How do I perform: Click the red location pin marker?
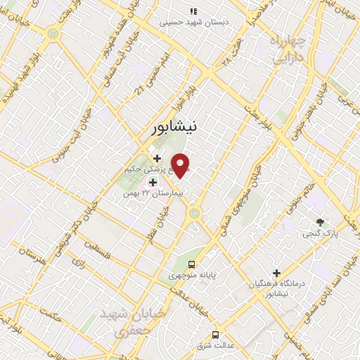click(181, 166)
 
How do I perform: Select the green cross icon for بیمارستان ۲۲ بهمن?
click(153, 182)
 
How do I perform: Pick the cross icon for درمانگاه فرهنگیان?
click(277, 273)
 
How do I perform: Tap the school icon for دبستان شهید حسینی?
click(194, 12)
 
